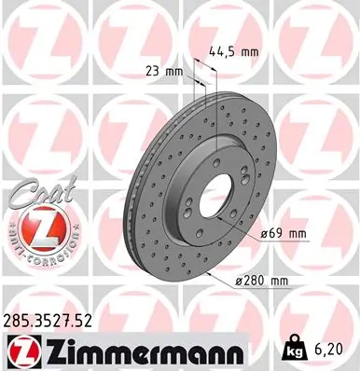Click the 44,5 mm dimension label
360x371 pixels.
pyautogui.click(x=233, y=52)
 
